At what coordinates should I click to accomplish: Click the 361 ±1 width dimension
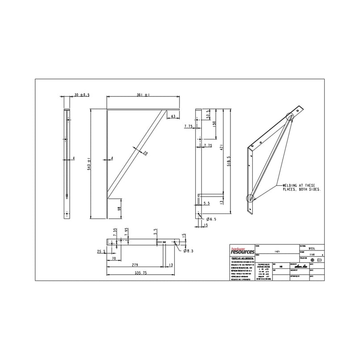143,95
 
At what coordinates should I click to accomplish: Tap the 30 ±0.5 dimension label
82,95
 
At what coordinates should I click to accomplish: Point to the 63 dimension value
172,116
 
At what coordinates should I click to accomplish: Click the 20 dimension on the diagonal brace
146,153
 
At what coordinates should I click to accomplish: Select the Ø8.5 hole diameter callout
188,251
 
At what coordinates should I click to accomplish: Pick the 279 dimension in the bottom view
134,265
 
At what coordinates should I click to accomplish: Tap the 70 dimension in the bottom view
114,259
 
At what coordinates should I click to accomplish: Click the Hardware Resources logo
242,251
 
